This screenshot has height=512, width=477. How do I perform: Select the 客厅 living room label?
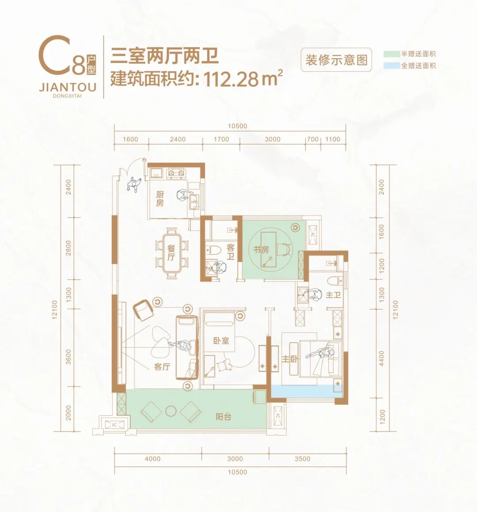(162, 366)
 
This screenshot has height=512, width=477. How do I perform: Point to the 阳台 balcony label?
(223, 417)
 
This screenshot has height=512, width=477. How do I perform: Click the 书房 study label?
(261, 250)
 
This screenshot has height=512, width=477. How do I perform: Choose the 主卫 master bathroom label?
(333, 295)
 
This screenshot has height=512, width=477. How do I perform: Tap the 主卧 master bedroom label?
(290, 359)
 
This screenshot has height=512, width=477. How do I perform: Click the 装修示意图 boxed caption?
(337, 60)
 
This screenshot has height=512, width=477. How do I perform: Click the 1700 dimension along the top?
(221, 139)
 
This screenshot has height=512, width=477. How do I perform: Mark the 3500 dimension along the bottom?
(303, 459)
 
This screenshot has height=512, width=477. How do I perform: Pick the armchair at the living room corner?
(143, 310)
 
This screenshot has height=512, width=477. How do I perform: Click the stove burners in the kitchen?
(176, 173)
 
